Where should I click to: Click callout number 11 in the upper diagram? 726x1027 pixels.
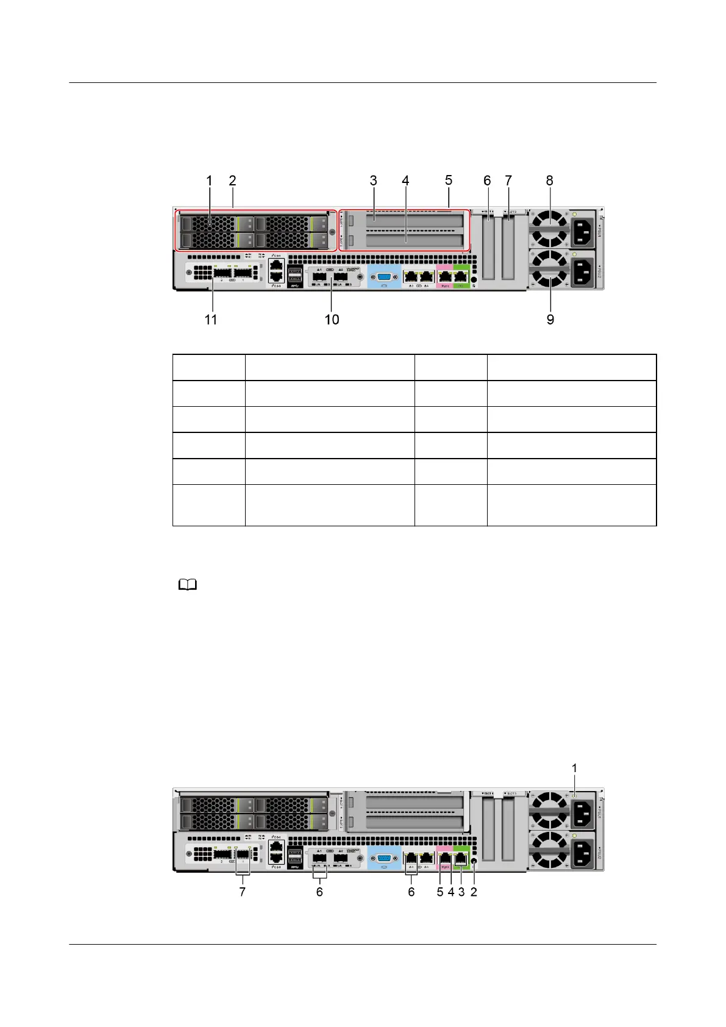211,320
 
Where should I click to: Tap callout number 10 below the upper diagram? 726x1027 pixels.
332,320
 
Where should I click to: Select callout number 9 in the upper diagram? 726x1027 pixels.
550,320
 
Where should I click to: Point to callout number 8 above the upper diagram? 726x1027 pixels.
550,181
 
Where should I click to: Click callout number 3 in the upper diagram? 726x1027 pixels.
373,181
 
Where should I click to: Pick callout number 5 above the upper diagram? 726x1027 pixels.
449,181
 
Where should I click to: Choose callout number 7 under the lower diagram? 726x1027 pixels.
243,892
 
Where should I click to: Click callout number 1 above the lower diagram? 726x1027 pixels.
574,768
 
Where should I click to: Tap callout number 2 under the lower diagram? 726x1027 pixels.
474,892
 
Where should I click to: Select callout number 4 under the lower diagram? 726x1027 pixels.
451,892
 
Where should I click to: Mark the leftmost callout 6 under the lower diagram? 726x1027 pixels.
319,892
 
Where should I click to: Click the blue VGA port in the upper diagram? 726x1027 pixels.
384,277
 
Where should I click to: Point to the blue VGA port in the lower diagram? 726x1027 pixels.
384,857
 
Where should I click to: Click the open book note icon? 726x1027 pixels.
188,585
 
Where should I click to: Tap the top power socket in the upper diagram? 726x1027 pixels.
582,231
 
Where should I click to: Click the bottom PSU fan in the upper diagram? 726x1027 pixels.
550,269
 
